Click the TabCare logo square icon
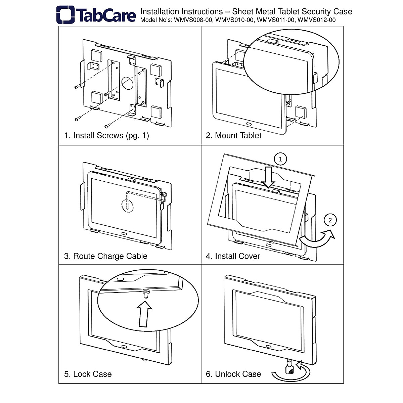(x=65, y=14)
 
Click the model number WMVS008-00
(x=193, y=20)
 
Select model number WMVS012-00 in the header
(x=317, y=20)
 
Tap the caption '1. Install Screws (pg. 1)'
(x=106, y=136)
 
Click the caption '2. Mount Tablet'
(x=233, y=136)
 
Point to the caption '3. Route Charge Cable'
(x=105, y=256)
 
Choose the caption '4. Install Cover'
(x=233, y=256)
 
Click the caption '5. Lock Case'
(x=88, y=374)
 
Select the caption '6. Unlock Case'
(x=233, y=374)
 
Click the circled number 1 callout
(x=281, y=159)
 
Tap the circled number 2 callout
(x=330, y=220)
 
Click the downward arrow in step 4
(x=269, y=177)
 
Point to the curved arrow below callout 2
(x=317, y=239)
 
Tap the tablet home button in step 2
(x=249, y=124)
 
